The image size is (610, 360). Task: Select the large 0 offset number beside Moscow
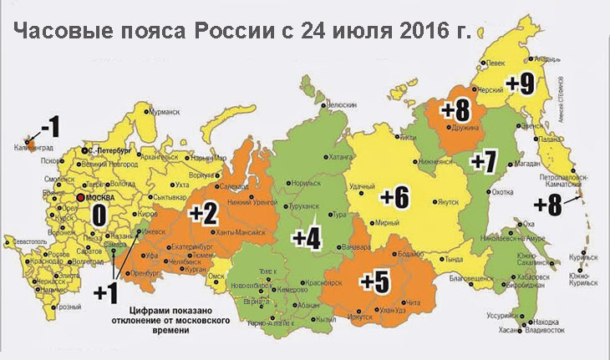99,215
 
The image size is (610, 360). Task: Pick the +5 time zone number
374,281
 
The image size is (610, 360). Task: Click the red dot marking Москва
79,198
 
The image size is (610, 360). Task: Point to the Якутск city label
449,201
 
